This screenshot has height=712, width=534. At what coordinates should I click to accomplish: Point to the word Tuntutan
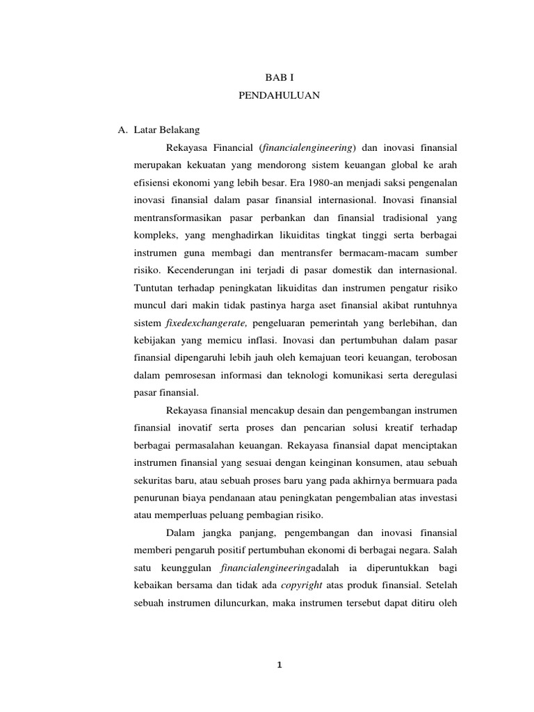[152, 286]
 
